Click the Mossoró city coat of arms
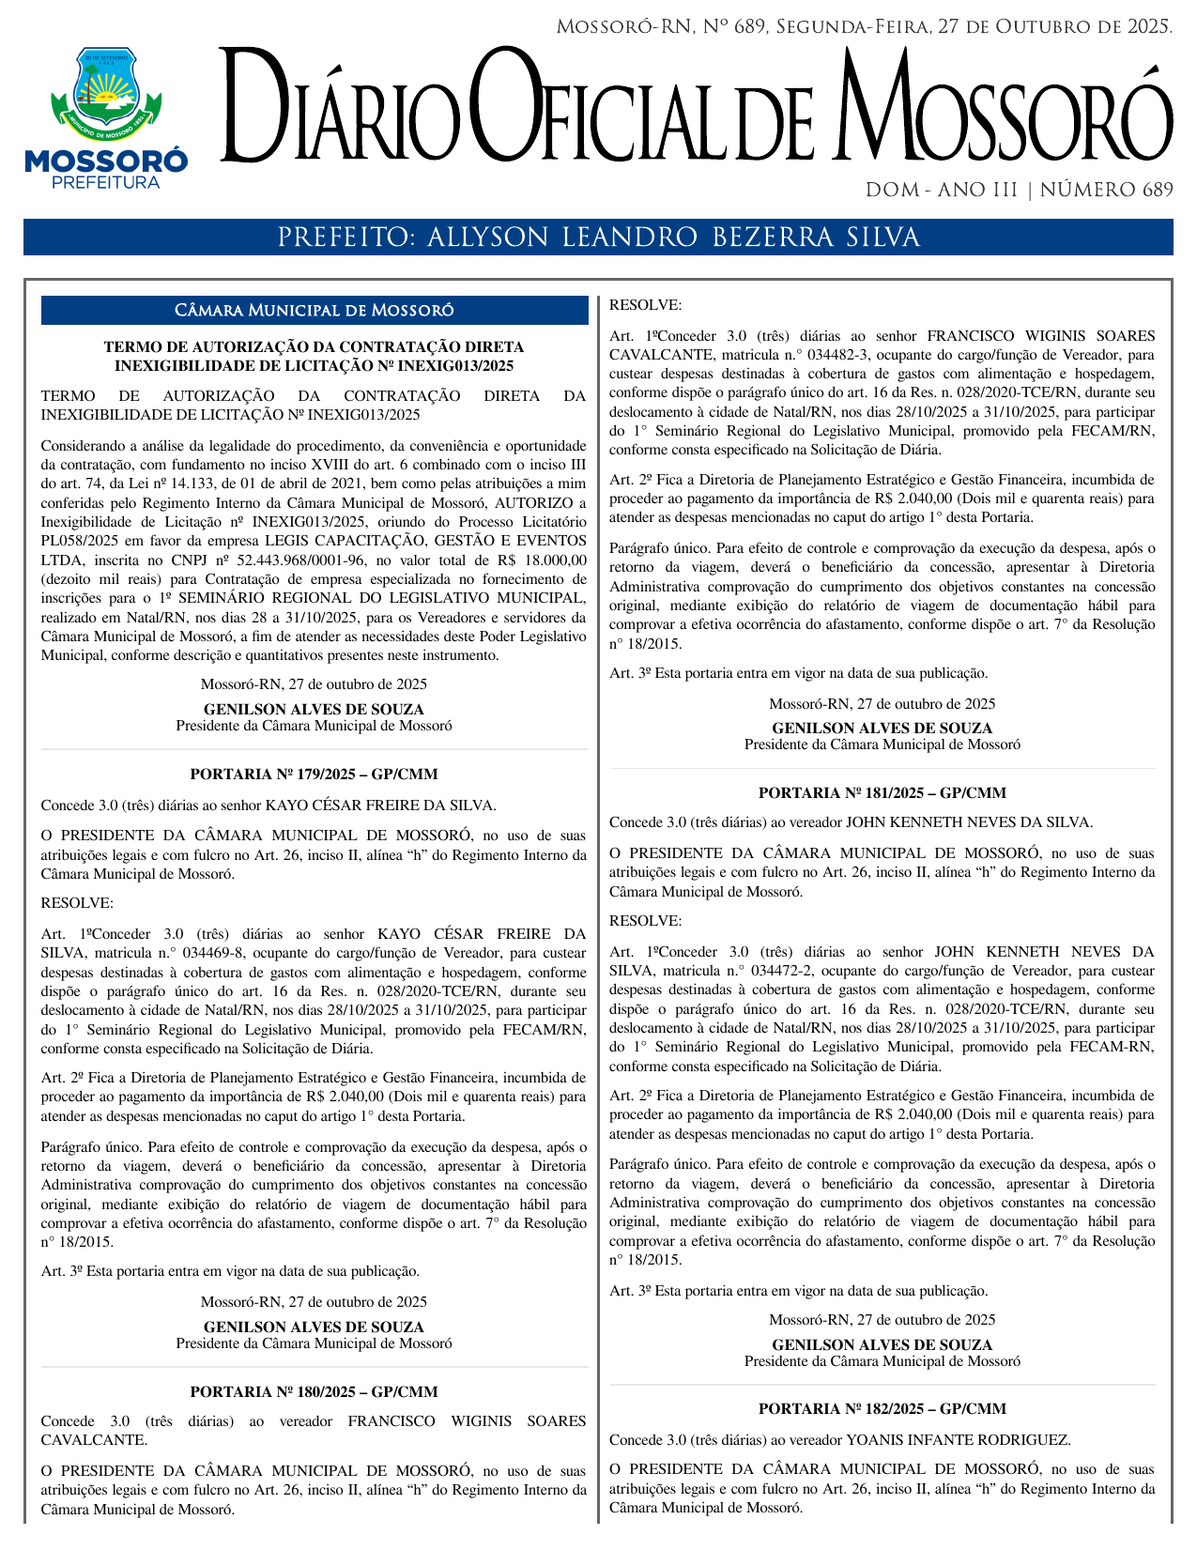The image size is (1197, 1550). pyautogui.click(x=106, y=92)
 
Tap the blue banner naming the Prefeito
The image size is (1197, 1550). pyautogui.click(x=598, y=238)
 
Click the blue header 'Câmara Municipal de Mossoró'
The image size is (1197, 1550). pyautogui.click(x=315, y=311)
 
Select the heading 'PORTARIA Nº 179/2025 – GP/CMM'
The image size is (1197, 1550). pyautogui.click(x=314, y=775)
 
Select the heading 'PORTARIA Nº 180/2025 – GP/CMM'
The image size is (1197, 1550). pyautogui.click(x=314, y=1391)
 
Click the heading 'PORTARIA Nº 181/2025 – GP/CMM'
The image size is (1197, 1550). pyautogui.click(x=882, y=793)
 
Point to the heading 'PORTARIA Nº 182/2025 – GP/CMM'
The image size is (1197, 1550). pyautogui.click(x=882, y=1409)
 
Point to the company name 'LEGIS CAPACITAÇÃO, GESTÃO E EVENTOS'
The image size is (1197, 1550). pyautogui.click(x=425, y=541)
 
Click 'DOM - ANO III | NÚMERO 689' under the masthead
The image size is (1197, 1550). pyautogui.click(x=1019, y=191)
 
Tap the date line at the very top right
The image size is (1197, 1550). pyautogui.click(x=864, y=27)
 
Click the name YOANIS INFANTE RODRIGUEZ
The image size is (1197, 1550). pyautogui.click(x=958, y=1439)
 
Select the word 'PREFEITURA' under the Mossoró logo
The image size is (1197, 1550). pyautogui.click(x=106, y=183)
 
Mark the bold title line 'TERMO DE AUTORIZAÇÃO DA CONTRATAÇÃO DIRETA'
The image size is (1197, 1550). pyautogui.click(x=314, y=347)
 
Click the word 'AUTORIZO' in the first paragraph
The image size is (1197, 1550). pyautogui.click(x=534, y=503)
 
